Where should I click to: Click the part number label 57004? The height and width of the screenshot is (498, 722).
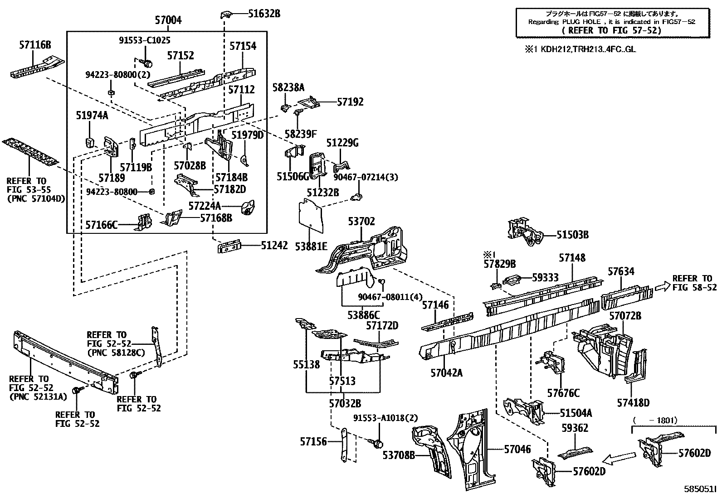click(168, 20)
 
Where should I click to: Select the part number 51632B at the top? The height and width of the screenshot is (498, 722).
click(264, 14)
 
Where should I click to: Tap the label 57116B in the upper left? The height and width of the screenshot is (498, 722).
click(35, 45)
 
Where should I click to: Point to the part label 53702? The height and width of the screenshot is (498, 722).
click(361, 222)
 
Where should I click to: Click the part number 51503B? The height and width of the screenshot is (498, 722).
click(572, 235)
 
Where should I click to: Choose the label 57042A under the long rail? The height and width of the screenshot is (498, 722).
click(446, 373)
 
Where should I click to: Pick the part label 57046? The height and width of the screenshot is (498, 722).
click(517, 449)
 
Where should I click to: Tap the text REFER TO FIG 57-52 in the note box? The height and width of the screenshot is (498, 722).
click(611, 30)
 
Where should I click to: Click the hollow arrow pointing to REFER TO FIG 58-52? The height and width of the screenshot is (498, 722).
click(662, 286)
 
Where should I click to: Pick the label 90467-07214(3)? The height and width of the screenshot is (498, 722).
click(372, 177)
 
